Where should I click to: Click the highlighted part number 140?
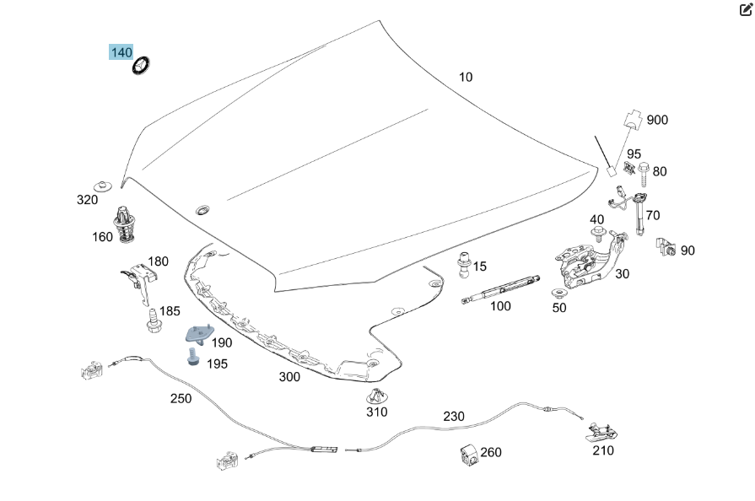click(121, 52)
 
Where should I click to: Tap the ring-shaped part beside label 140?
click(141, 63)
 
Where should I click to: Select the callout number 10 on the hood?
click(466, 77)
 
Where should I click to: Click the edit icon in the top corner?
click(746, 10)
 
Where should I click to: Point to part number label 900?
click(657, 120)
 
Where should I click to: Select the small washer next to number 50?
click(559, 294)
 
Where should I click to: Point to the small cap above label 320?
click(104, 183)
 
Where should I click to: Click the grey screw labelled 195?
click(193, 358)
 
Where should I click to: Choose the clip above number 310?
click(375, 396)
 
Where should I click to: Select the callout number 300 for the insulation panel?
click(289, 377)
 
